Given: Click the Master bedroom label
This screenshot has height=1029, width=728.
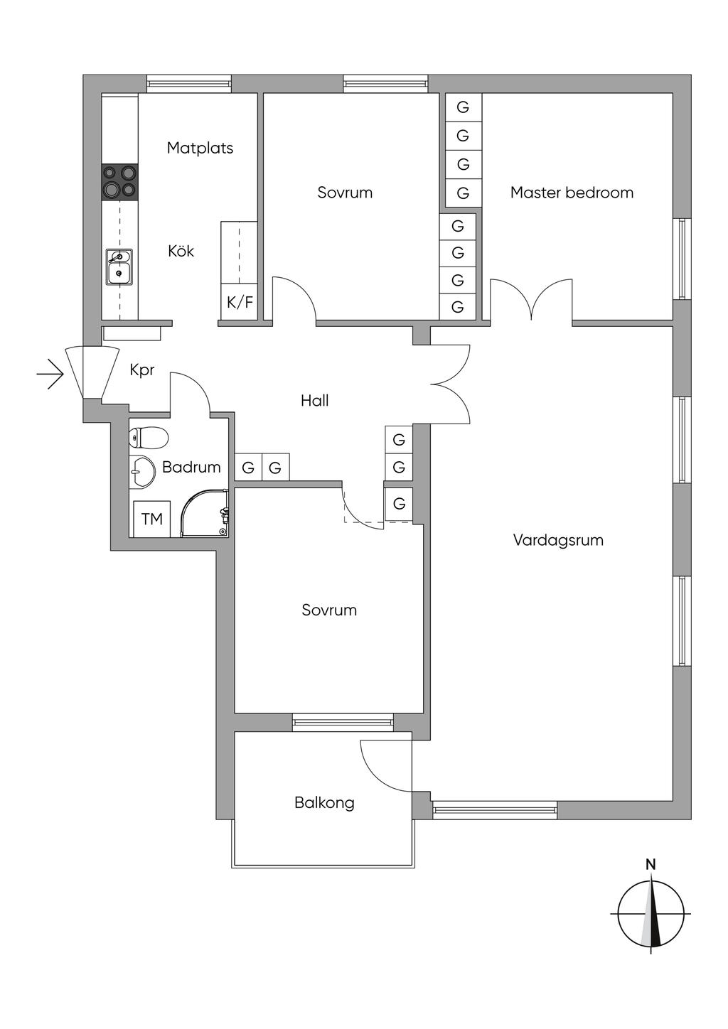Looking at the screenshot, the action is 572,193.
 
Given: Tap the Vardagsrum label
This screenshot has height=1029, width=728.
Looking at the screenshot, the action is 558,540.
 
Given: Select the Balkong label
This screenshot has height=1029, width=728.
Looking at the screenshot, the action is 324,803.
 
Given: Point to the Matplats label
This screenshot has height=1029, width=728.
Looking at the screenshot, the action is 200,148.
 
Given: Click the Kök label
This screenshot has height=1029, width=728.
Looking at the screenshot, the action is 181,251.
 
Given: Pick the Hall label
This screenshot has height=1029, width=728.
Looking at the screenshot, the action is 315,401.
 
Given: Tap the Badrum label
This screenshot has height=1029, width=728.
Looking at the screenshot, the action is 191,467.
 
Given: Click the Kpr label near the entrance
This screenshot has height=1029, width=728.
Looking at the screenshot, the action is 142,370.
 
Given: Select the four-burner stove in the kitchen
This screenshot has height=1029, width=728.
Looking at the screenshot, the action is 120,182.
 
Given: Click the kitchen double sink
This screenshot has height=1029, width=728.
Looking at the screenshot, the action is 119,267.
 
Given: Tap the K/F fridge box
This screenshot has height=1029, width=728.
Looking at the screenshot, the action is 239,302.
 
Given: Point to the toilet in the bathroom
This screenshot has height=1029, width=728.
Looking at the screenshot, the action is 149,438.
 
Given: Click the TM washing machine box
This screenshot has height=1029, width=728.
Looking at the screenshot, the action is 152,519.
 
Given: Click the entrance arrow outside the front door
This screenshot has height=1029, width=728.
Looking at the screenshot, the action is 50,374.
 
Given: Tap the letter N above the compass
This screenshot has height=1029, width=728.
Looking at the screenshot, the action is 651,865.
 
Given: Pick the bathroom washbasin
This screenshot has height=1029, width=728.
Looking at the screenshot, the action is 142,471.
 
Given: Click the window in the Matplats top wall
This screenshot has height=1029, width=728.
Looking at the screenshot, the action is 189,84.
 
